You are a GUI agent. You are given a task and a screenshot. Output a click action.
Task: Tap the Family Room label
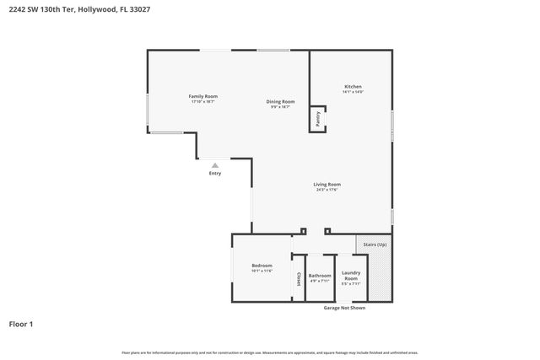pos(202,96)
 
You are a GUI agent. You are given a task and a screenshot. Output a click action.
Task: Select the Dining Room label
pos(281,101)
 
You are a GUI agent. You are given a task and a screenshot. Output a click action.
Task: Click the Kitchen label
pos(353,86)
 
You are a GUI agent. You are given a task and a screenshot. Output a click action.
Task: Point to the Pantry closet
pos(318,120)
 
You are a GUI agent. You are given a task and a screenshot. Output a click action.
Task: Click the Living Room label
pos(327,184)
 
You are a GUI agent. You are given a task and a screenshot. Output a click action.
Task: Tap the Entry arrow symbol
pos(215,165)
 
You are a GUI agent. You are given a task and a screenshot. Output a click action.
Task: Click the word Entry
pos(215,174)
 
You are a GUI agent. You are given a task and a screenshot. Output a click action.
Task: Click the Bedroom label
pos(262,266)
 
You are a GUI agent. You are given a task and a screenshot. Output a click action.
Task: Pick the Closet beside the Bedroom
pos(298,279)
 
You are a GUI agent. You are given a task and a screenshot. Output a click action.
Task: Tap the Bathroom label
pos(320,275)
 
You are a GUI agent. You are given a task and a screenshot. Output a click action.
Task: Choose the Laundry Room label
pos(351,275)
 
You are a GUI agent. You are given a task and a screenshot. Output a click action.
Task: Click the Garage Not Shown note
pos(344,308)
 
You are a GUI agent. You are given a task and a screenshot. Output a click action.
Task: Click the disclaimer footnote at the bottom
pos(270,352)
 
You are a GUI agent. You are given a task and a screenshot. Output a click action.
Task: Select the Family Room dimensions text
pos(202,102)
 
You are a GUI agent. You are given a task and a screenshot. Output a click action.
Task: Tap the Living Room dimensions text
pos(327,190)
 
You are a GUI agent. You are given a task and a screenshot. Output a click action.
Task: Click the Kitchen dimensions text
pos(353,92)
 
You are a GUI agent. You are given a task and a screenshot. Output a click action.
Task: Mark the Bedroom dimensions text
pos(262,271)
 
